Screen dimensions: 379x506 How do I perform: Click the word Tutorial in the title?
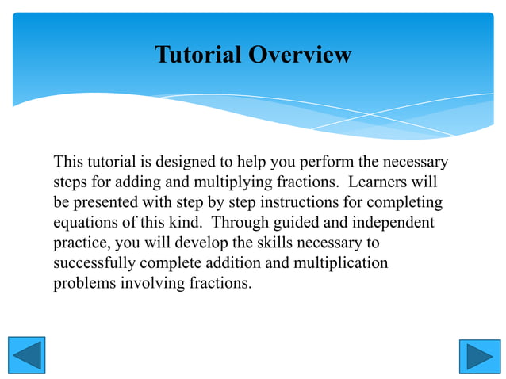pyautogui.click(x=197, y=55)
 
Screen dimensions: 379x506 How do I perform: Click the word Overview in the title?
pyautogui.click(x=300, y=55)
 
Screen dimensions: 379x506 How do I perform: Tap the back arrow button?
pyautogui.click(x=26, y=355)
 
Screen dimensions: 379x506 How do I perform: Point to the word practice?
pyautogui.click(x=79, y=243)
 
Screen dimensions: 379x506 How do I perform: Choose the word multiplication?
pyautogui.click(x=342, y=262)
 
